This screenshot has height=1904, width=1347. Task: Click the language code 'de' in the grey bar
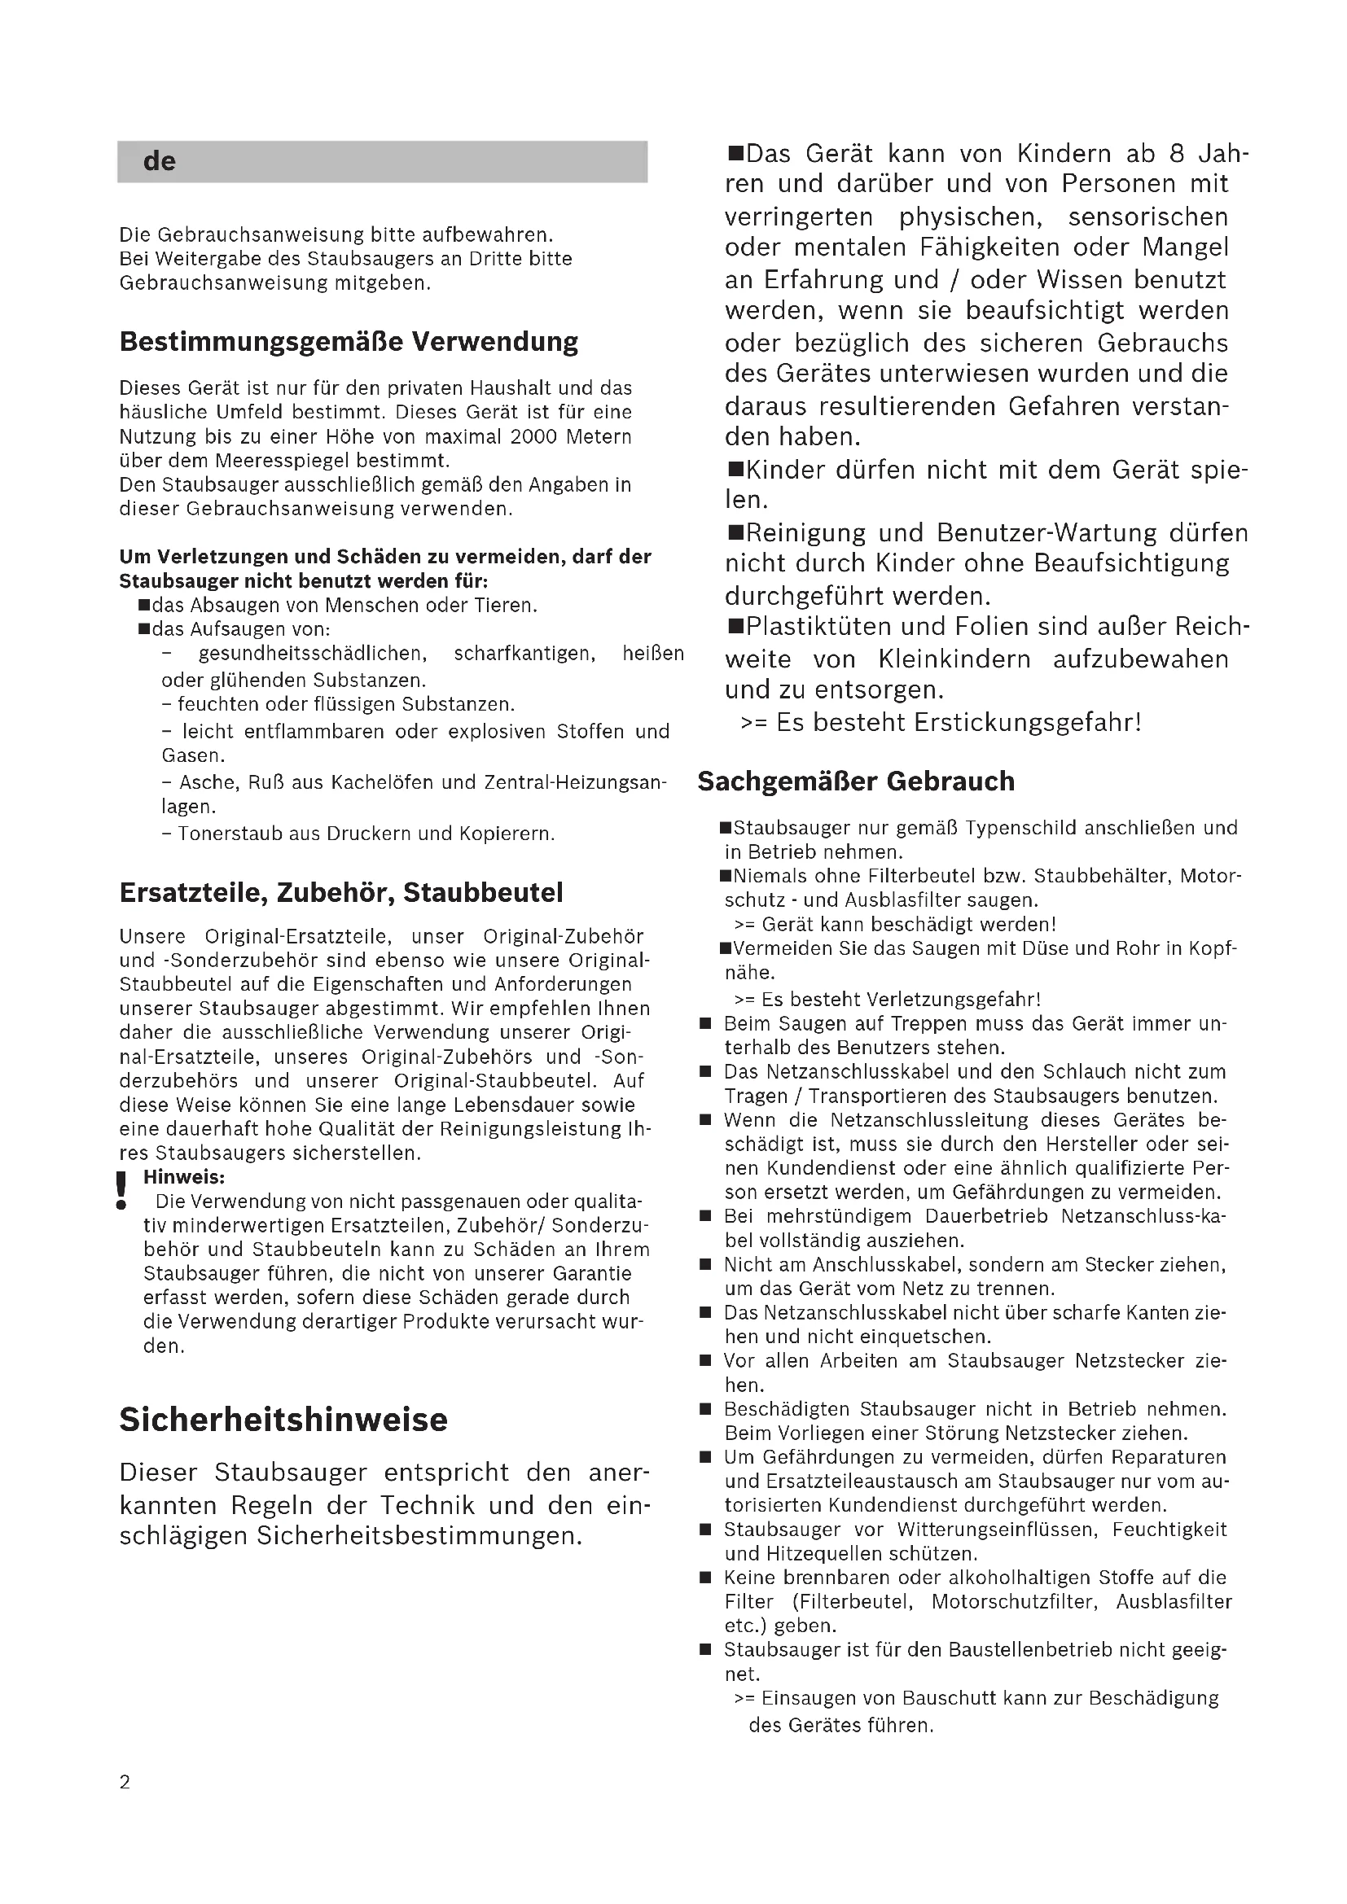tap(160, 161)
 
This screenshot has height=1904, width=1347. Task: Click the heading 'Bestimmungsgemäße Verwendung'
tap(349, 342)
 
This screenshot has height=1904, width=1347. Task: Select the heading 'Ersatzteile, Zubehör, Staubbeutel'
tap(341, 892)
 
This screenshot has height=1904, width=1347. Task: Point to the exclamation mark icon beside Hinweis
tap(122, 1190)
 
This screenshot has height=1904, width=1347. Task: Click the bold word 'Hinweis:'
tap(184, 1177)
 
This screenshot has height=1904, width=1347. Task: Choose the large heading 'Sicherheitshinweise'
tap(283, 1419)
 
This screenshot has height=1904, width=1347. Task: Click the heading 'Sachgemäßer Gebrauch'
tap(856, 781)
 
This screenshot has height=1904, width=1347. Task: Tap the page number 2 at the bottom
tap(125, 1782)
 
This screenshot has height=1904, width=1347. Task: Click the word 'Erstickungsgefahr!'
tap(1028, 722)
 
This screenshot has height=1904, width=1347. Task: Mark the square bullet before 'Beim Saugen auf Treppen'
tap(706, 1024)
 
